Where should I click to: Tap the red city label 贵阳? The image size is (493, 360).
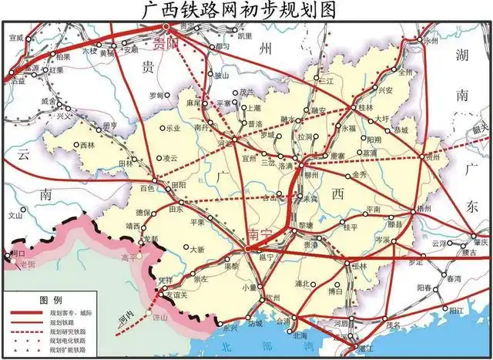(165, 43)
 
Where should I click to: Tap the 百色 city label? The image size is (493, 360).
(146, 187)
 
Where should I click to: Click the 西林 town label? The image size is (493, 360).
(87, 145)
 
